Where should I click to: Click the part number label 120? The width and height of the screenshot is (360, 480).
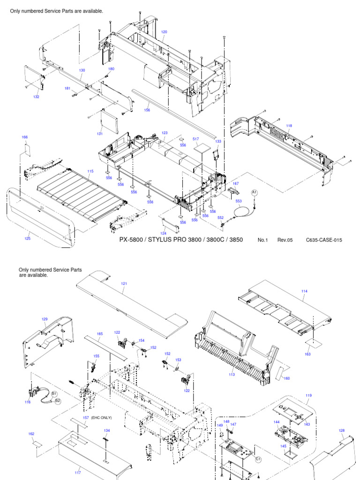coord(164,32)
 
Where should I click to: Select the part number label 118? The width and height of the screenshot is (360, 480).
coord(289,126)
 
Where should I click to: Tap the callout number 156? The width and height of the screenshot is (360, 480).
coord(147,110)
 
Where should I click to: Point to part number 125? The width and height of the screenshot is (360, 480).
coord(28,239)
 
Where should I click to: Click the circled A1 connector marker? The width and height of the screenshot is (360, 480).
coord(255,192)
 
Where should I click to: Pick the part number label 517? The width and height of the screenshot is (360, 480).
coord(195,139)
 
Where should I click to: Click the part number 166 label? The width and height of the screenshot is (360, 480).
coord(25,137)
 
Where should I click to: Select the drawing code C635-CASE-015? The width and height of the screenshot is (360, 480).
coord(324,240)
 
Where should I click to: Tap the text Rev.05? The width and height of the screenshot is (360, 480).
coord(285,240)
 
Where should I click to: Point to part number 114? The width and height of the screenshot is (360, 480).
coord(305,291)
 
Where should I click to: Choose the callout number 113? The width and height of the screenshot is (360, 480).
coord(232,374)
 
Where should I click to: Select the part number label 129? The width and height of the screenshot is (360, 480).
coord(45,319)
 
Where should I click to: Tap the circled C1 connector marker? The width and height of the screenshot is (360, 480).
coord(258,459)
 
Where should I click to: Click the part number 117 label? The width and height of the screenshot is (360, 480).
coord(78,472)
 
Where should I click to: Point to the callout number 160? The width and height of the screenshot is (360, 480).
coord(287,378)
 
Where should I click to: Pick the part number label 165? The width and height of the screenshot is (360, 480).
coord(99,334)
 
